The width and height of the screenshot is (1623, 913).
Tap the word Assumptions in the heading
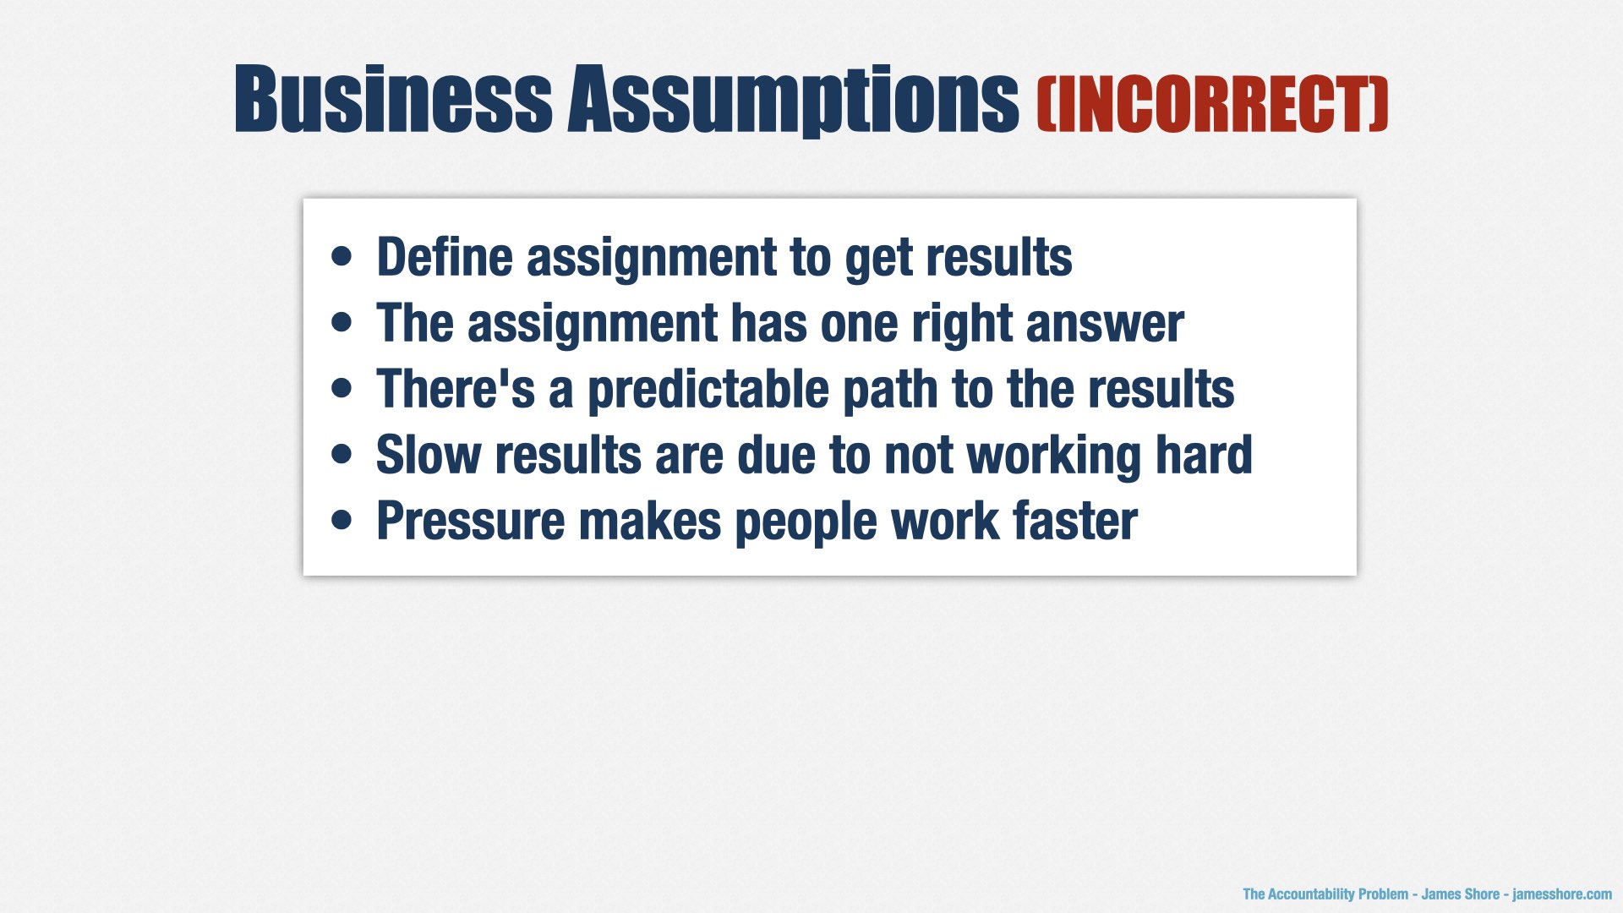[x=794, y=101]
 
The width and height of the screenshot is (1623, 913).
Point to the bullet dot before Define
[x=342, y=256]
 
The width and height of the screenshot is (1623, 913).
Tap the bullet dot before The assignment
[x=342, y=322]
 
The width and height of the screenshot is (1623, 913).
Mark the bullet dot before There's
[x=342, y=388]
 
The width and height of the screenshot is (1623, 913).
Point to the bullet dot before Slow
[x=342, y=454]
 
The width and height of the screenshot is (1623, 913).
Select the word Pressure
[x=471, y=521]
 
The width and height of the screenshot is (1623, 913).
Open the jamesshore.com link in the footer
[x=1562, y=894]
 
